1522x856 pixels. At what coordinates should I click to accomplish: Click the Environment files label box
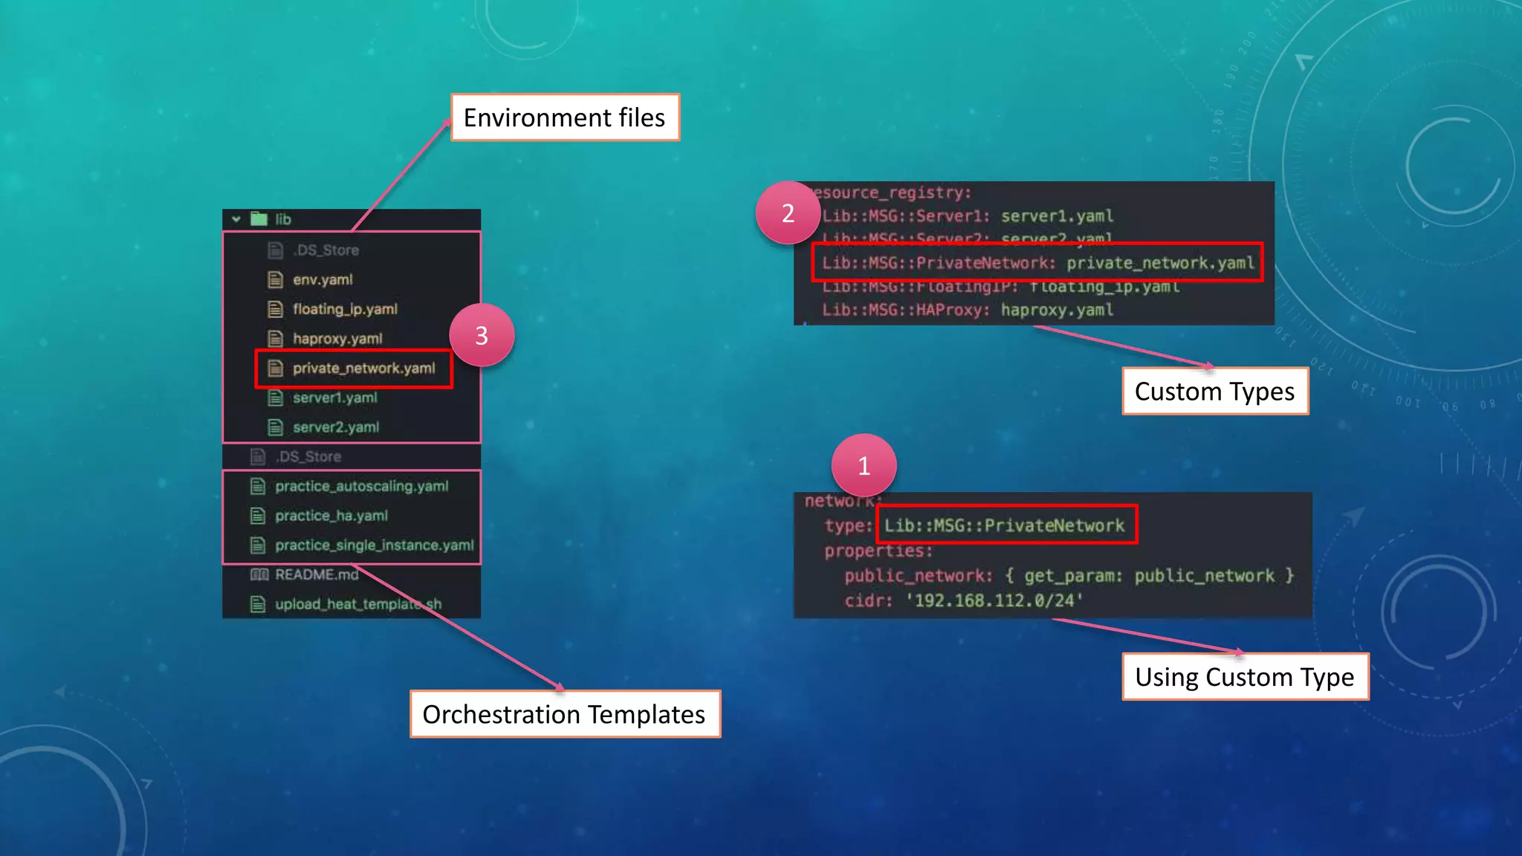pyautogui.click(x=565, y=117)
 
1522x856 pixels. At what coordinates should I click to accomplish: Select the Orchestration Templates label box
pyautogui.click(x=565, y=714)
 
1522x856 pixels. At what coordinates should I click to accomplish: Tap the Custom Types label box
pyautogui.click(x=1214, y=392)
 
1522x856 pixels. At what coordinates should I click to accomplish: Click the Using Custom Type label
pyautogui.click(x=1245, y=677)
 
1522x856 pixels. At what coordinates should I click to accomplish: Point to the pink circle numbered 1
pyautogui.click(x=864, y=466)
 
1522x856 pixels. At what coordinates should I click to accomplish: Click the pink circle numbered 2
pyautogui.click(x=788, y=213)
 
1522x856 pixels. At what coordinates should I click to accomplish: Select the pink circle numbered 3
pyautogui.click(x=482, y=336)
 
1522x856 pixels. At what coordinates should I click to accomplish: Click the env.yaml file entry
pyautogui.click(x=322, y=280)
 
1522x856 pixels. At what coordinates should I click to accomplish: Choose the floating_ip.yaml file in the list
pyautogui.click(x=344, y=309)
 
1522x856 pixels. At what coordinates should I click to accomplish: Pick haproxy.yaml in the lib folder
pyautogui.click(x=337, y=339)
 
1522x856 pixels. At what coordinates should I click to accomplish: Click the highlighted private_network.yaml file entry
pyautogui.click(x=363, y=369)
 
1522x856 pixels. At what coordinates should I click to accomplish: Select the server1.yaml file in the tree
pyautogui.click(x=334, y=398)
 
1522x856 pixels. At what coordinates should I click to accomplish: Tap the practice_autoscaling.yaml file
pyautogui.click(x=361, y=487)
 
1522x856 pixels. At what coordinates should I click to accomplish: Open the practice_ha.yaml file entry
pyautogui.click(x=331, y=516)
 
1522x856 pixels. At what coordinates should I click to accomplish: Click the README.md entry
pyautogui.click(x=316, y=575)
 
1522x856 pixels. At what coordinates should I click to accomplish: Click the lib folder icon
pyautogui.click(x=259, y=219)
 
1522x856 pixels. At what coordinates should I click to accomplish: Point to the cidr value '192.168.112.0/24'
pyautogui.click(x=994, y=600)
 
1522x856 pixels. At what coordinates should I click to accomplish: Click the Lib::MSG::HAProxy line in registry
pyautogui.click(x=967, y=310)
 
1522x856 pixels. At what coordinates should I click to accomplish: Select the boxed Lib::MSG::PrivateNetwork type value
pyautogui.click(x=1006, y=525)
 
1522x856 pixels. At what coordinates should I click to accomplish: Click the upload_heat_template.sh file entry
pyautogui.click(x=357, y=604)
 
